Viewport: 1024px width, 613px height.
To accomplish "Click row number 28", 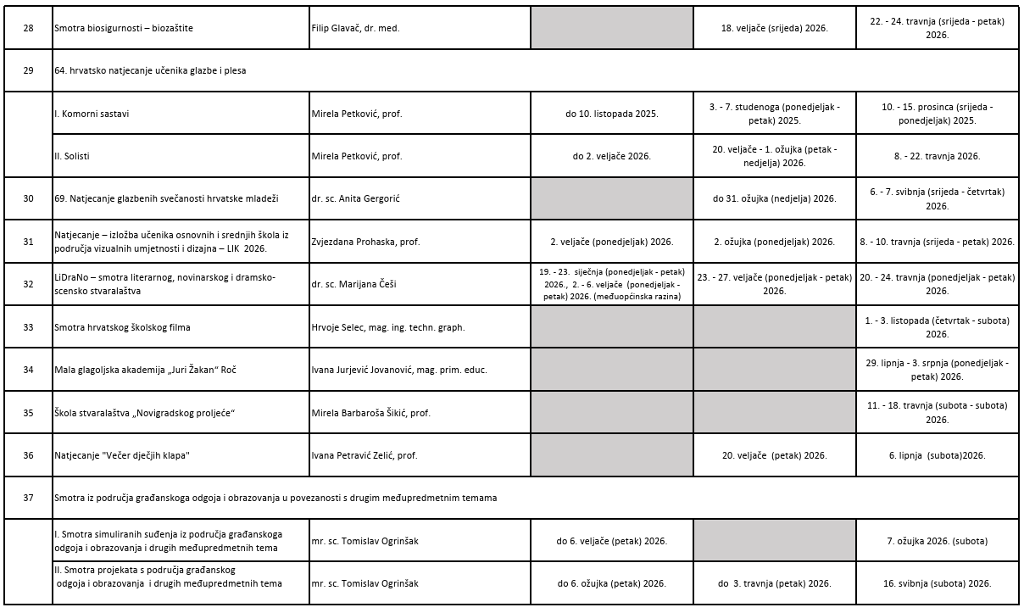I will tap(28, 28).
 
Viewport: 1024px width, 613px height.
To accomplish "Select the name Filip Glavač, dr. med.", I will tap(355, 28).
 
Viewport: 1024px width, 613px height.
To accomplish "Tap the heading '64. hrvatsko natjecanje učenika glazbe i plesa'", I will tap(150, 70).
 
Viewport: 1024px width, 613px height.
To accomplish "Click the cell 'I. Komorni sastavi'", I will tap(92, 113).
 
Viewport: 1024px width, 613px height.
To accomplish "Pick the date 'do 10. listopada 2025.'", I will tap(612, 113).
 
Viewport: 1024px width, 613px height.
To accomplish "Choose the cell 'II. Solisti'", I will tap(72, 156).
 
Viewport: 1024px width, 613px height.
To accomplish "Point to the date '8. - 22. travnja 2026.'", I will tap(937, 156).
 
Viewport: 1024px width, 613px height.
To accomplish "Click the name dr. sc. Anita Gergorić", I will tap(365, 198).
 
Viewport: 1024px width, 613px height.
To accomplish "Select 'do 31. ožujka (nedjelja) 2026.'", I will tap(774, 198).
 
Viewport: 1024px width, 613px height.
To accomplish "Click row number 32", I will tap(28, 284).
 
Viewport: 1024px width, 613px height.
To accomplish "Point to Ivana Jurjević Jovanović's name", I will tap(399, 370).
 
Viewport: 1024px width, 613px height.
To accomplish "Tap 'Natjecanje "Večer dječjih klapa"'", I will tap(121, 455).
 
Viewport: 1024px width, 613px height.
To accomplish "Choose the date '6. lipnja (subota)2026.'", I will tap(937, 455).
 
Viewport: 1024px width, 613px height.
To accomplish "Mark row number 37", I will tap(28, 498).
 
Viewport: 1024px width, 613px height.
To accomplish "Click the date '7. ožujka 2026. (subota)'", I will tap(937, 541).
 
